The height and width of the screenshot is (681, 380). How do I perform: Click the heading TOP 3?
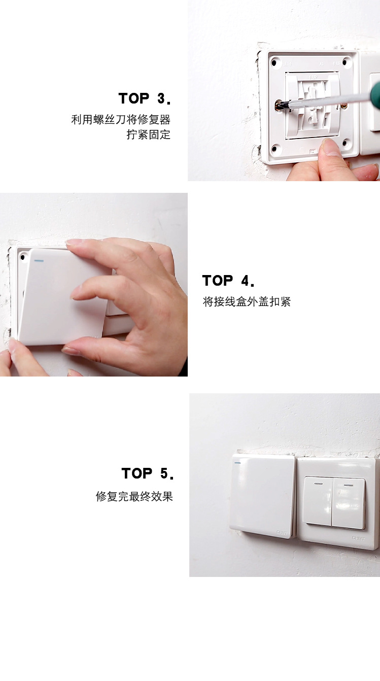pyautogui.click(x=145, y=98)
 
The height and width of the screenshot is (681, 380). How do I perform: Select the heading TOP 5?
pyautogui.click(x=147, y=473)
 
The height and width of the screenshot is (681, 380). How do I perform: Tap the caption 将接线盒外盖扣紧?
pyautogui.click(x=247, y=302)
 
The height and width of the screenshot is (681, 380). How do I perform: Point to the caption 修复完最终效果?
pyautogui.click(x=134, y=496)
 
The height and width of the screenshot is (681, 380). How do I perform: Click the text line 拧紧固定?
pyautogui.click(x=148, y=135)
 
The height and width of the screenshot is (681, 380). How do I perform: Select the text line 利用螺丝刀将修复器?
pyautogui.click(x=121, y=120)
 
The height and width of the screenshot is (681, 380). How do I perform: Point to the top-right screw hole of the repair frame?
pyautogui.click(x=346, y=62)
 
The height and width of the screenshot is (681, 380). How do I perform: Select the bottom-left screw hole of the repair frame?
pyautogui.click(x=275, y=149)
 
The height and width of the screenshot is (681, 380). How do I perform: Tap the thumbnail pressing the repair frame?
pyautogui.click(x=332, y=148)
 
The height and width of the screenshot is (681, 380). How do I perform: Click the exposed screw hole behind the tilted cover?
pyautogui.click(x=22, y=257)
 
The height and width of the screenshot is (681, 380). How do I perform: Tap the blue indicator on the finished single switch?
pyautogui.click(x=237, y=462)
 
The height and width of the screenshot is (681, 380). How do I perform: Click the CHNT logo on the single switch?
pyautogui.click(x=282, y=532)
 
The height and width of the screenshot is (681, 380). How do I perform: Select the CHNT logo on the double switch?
pyautogui.click(x=358, y=537)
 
